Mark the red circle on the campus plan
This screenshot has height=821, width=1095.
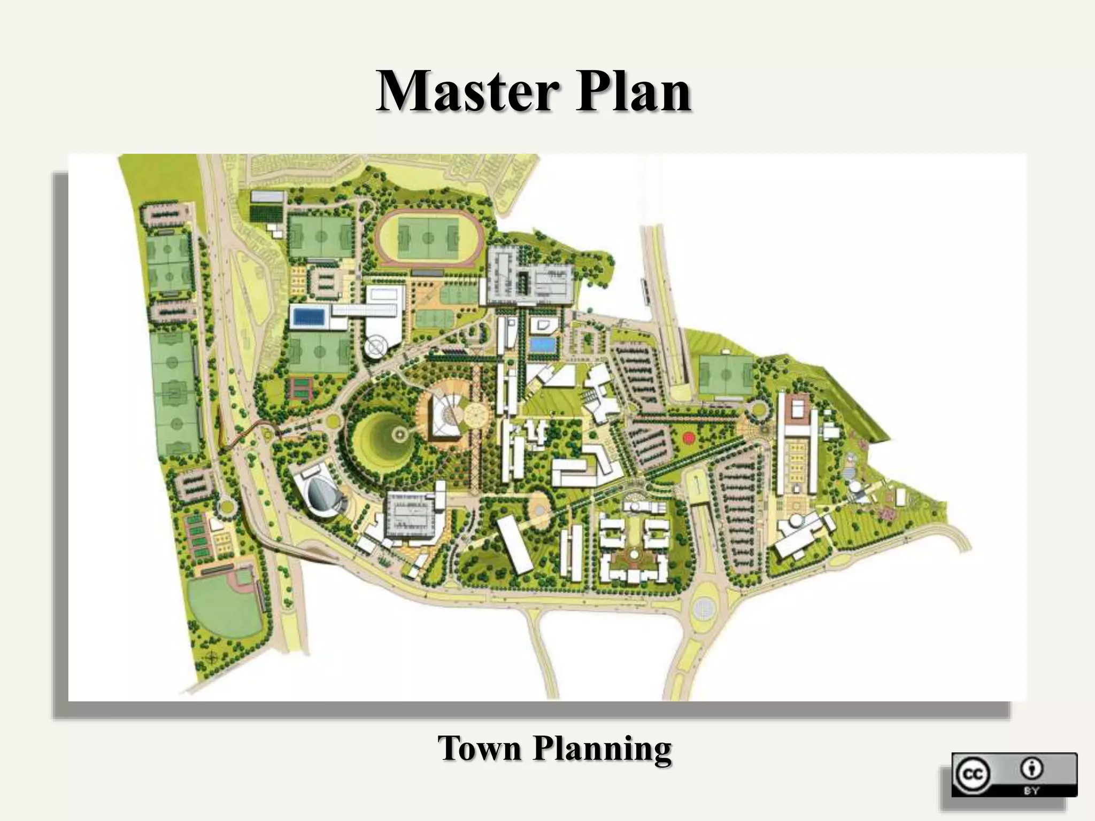click(689, 438)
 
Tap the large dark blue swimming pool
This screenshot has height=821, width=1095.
click(310, 317)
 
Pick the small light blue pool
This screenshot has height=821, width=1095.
click(543, 345)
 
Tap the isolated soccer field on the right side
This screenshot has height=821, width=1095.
click(726, 375)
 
